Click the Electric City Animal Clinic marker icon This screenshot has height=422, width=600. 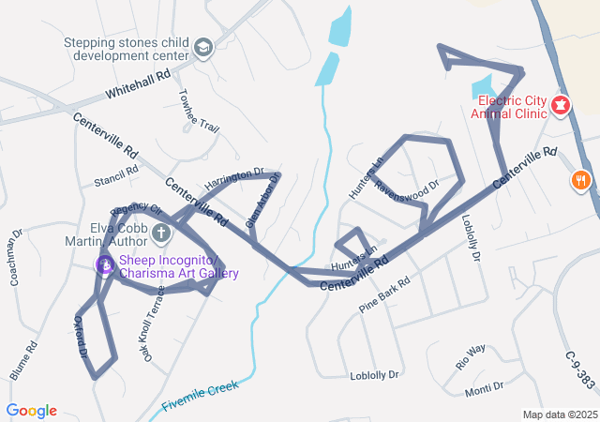click(x=562, y=105)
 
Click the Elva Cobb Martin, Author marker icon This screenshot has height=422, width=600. click(x=160, y=232)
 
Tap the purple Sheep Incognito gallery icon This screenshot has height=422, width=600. click(x=106, y=265)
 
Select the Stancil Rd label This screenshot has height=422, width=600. click(x=115, y=175)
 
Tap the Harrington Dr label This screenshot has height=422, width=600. click(x=234, y=179)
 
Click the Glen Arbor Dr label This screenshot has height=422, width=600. click(x=262, y=201)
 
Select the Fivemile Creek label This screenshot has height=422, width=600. click(x=201, y=393)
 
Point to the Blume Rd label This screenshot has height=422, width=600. click(x=24, y=359)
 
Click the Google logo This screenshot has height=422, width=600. click(x=32, y=411)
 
